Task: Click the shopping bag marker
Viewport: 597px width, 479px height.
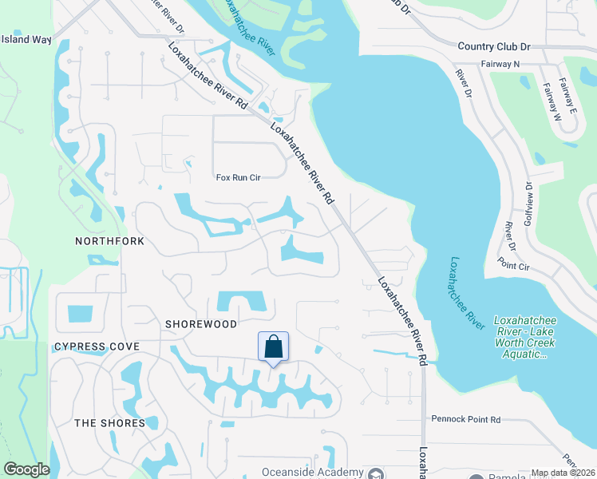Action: pos(273,347)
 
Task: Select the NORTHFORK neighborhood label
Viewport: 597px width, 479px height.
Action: pos(110,240)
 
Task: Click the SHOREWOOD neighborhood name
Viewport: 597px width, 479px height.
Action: pos(201,324)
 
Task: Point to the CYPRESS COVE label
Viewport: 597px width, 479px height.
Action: pos(97,346)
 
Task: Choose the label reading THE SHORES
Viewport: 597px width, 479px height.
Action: pos(110,423)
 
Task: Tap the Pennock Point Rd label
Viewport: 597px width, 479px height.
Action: pos(465,418)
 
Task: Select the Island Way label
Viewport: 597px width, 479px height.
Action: pos(26,39)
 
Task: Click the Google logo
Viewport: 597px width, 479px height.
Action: pos(26,469)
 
